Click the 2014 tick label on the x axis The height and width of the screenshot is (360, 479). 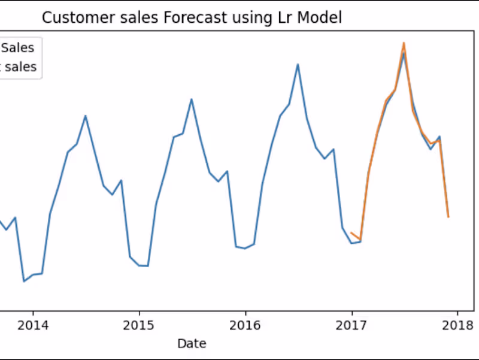coord(33,325)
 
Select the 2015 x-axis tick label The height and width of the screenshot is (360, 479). coord(139,325)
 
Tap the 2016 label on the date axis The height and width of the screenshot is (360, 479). coord(245,325)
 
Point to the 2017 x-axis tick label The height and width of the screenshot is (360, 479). coord(351,325)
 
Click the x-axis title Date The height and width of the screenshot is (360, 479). coord(192,343)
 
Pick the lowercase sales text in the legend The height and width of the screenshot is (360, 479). coord(22,67)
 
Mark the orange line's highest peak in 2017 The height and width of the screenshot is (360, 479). coord(404,43)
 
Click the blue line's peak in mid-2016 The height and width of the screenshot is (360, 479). coord(298,64)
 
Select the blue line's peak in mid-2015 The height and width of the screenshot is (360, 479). coord(192,99)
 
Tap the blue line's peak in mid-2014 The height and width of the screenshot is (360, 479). coord(86,116)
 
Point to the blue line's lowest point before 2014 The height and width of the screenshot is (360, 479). coord(24,281)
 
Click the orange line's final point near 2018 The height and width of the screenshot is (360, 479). coord(448,217)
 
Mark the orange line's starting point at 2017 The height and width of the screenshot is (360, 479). coord(351,232)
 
